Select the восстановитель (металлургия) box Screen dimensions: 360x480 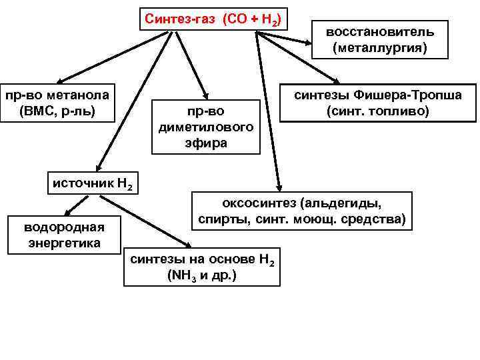pos(380,39)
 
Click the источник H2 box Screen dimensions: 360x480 pos(93,181)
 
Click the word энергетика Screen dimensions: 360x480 pos(64,242)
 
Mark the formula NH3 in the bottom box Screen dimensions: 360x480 pos(179,275)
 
